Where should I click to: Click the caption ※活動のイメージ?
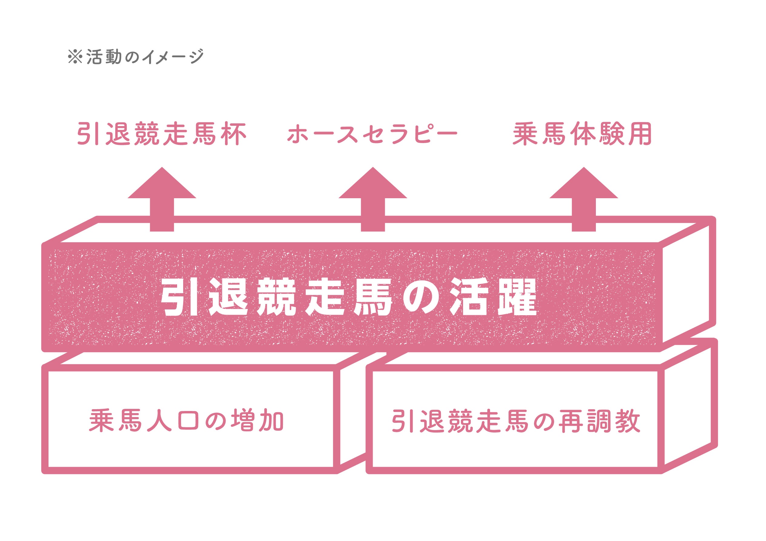(136, 56)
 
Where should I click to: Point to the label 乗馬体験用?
(582, 134)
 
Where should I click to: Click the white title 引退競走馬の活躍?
(349, 297)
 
